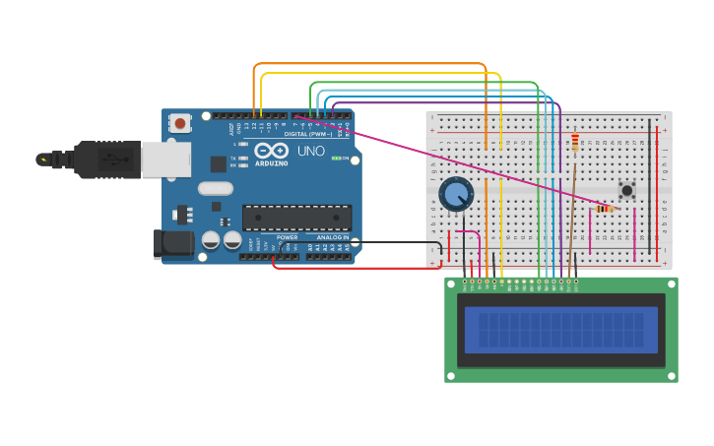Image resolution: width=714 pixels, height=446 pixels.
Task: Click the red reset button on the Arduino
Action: [x=180, y=123]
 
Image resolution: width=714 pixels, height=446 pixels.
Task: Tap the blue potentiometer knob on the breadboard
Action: [x=456, y=194]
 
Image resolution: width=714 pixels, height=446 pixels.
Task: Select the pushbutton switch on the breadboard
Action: [x=625, y=189]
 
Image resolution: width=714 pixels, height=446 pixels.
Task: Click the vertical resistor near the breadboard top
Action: [x=575, y=144]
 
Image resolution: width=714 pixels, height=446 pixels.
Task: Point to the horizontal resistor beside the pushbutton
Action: [x=604, y=209]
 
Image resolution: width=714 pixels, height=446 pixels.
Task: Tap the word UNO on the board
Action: [x=311, y=151]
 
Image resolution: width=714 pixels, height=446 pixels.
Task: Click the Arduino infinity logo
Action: [x=271, y=151]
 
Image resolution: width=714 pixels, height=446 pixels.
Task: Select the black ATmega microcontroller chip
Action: [x=296, y=218]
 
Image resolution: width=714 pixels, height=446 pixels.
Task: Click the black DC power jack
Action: [x=172, y=243]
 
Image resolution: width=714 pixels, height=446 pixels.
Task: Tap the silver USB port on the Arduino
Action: [x=165, y=159]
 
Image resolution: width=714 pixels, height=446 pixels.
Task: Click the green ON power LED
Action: [x=336, y=159]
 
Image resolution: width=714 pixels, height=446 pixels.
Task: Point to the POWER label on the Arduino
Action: [x=287, y=237]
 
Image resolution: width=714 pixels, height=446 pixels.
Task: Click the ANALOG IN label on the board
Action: [x=332, y=237]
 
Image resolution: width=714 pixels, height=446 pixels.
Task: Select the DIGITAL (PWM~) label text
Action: [x=307, y=133]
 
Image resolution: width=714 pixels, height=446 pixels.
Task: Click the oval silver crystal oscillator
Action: [x=215, y=188]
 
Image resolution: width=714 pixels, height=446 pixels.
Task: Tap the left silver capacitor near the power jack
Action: [x=211, y=239]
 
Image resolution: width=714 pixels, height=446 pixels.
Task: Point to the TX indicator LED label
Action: [x=232, y=158]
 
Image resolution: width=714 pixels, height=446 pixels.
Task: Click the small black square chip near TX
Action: [x=218, y=163]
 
